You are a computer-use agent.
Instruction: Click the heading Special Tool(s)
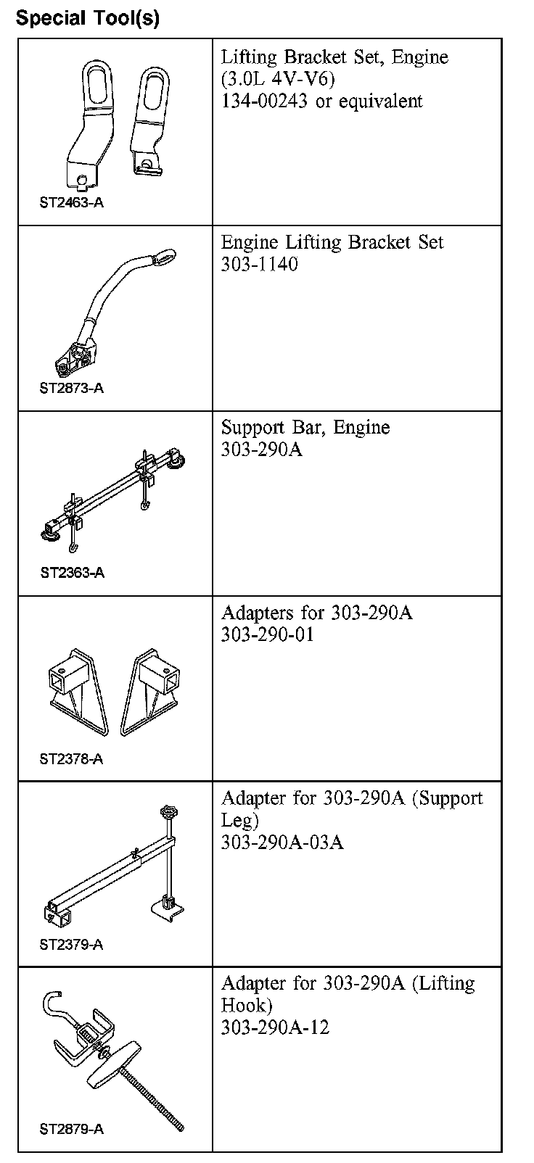(87, 17)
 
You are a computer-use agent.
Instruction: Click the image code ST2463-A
(71, 203)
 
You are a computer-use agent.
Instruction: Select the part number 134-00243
(265, 101)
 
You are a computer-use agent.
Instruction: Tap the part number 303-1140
(259, 264)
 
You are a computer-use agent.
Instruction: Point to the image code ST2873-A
(71, 388)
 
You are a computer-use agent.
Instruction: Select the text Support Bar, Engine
(305, 428)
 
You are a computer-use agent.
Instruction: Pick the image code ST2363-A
(72, 573)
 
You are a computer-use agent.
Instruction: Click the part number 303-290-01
(268, 634)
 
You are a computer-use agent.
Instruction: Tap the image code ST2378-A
(71, 759)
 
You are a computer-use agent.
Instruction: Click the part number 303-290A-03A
(282, 842)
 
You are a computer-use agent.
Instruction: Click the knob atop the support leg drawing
(169, 813)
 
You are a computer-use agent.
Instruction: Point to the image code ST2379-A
(71, 945)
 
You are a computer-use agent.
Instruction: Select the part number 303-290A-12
(275, 1027)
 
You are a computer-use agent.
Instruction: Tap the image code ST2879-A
(71, 1130)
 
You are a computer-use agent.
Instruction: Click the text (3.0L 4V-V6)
(278, 79)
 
